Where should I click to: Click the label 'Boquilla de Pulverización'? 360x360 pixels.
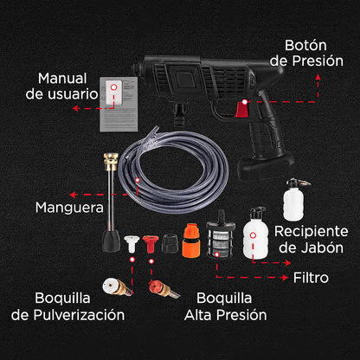coord(74,305)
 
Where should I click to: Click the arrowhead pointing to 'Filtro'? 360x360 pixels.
coord(286,279)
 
